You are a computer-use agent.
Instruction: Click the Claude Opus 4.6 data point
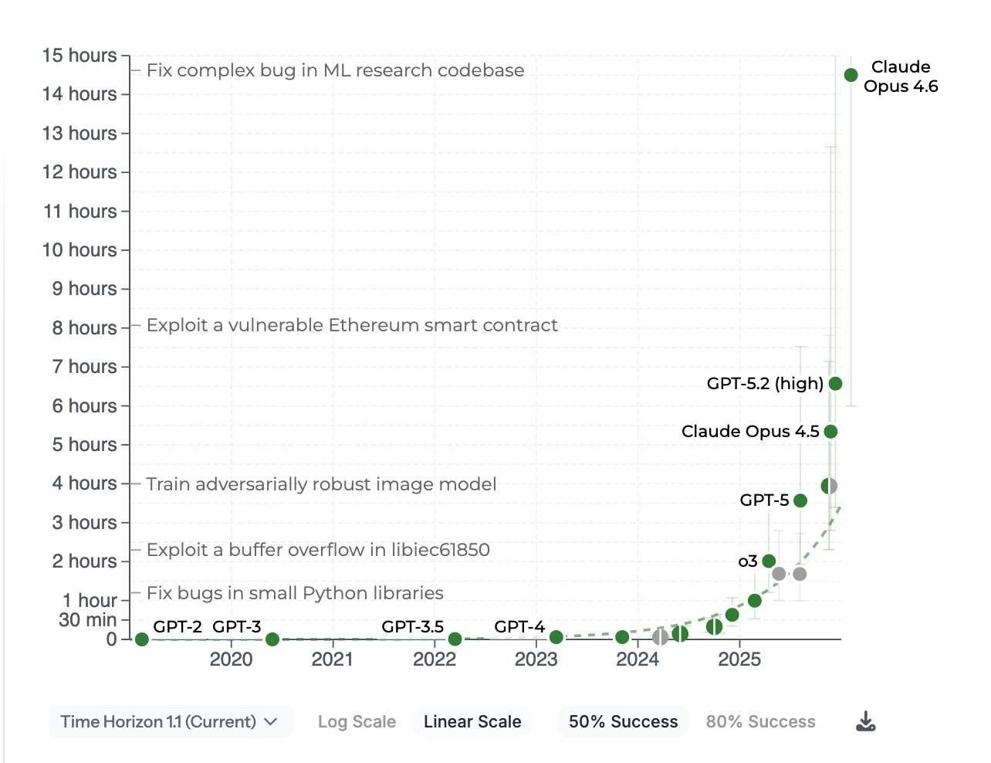[851, 75]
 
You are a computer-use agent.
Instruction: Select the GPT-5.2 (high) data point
[835, 383]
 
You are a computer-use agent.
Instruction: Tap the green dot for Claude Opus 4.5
[830, 431]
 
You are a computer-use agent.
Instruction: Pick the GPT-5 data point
[800, 500]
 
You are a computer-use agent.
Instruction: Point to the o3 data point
[769, 561]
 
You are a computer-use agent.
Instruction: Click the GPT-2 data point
[141, 639]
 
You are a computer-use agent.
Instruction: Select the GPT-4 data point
[556, 637]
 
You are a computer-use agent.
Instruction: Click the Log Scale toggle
[357, 721]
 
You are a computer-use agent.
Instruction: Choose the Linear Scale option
[472, 721]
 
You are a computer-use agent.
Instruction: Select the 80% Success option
[760, 721]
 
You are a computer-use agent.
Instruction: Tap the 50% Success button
[623, 721]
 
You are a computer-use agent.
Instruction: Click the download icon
[866, 721]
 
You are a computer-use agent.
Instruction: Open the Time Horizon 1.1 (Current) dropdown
[170, 721]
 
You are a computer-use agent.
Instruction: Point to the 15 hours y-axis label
[79, 56]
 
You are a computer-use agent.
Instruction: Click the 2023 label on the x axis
[536, 659]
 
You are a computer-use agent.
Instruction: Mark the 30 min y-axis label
[87, 619]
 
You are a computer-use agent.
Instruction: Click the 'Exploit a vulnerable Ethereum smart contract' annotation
[352, 325]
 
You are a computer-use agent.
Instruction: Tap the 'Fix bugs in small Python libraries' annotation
[295, 593]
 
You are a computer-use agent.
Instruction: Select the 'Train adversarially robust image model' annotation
[321, 484]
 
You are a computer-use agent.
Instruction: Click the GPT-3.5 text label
[412, 626]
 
